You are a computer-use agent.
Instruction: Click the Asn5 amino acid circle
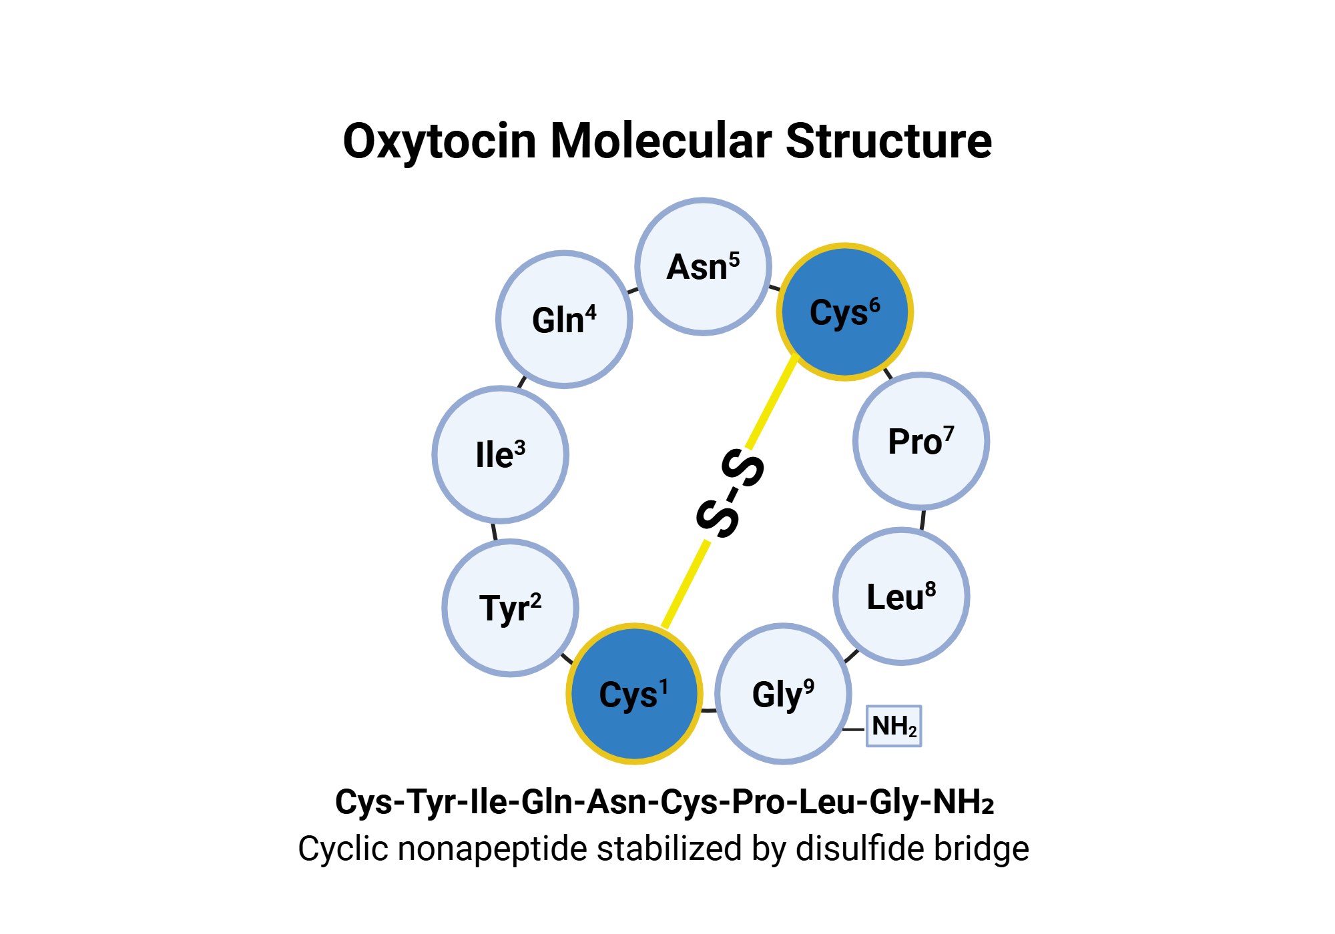703,267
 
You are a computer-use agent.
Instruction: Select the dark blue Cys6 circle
844,312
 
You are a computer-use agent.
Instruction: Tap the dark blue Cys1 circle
634,694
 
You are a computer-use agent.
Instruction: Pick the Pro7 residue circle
921,441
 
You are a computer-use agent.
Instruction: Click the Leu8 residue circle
901,596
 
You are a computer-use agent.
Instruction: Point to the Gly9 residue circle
783,694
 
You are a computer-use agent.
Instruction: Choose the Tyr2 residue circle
510,608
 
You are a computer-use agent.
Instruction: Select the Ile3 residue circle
500,454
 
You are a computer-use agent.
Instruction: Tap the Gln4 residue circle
564,320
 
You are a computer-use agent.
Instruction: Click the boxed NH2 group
894,726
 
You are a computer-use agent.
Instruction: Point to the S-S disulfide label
730,494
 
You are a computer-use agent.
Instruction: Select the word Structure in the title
888,141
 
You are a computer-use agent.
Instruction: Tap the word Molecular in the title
661,141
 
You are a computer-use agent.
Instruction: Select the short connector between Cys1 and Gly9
708,711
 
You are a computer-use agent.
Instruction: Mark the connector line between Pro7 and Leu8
922,519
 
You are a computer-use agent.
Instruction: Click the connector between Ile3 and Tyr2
495,531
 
